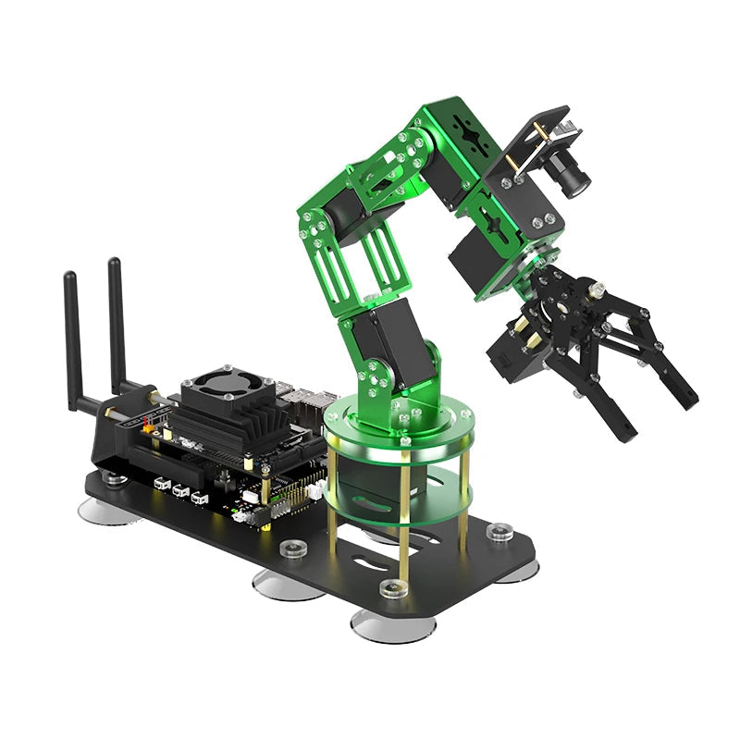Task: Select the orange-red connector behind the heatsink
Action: (145, 427)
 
